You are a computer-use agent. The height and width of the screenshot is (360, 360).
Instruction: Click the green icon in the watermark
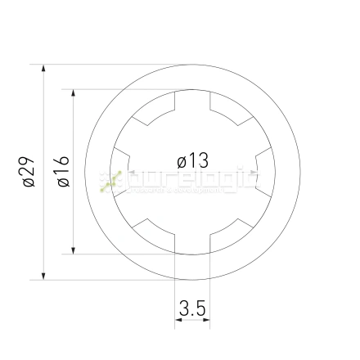click(110, 182)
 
